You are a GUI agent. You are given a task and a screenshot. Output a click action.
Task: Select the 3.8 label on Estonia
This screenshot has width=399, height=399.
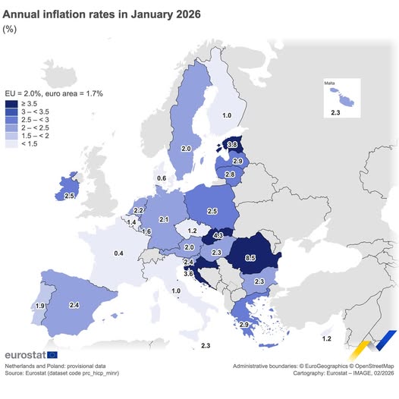[233, 145]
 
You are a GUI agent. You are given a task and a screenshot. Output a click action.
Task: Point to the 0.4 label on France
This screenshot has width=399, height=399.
[118, 253]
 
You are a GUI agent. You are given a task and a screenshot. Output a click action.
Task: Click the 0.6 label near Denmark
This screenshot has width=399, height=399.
[161, 178]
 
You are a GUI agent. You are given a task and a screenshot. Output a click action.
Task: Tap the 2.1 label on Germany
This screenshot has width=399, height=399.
[163, 219]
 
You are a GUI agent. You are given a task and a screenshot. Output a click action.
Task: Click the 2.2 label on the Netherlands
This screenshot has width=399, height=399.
[139, 210]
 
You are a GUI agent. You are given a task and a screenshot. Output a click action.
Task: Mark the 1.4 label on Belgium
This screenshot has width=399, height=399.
[132, 222]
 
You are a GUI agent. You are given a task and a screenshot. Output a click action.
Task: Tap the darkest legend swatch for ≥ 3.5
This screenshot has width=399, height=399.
[12, 103]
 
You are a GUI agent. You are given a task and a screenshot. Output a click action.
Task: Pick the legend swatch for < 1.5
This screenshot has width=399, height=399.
[12, 143]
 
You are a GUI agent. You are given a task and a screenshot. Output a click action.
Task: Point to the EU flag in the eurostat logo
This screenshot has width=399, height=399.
[52, 354]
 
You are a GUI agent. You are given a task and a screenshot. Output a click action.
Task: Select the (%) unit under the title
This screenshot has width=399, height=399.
[11, 29]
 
